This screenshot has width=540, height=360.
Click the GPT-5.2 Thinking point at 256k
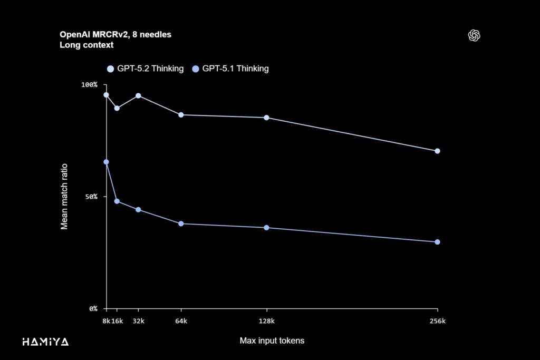[437, 151]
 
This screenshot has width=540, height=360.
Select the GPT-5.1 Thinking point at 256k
[437, 242]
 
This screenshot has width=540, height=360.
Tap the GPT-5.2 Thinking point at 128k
[266, 118]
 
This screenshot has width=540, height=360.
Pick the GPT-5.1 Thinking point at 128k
[266, 228]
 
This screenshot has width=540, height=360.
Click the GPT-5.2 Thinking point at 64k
[181, 115]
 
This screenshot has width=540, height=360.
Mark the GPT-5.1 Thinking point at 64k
[181, 223]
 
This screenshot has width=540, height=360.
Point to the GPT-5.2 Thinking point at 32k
[138, 95]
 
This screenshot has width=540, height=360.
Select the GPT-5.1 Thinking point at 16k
[117, 201]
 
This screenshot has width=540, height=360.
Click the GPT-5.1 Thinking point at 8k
[106, 162]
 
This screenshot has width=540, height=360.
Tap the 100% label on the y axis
[89, 85]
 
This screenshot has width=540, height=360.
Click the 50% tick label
[91, 197]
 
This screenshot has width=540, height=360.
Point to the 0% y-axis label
[93, 308]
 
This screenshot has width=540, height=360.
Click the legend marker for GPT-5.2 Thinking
[110, 69]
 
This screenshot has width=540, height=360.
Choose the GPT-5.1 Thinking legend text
[235, 69]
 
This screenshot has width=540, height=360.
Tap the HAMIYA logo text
[45, 342]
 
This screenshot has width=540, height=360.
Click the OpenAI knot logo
[475, 35]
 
